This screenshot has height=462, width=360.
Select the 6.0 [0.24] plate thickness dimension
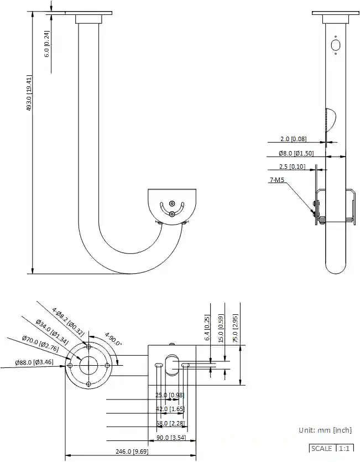click(x=46, y=44)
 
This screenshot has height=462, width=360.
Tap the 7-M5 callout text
click(x=278, y=180)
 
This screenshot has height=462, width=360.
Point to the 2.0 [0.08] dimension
click(x=293, y=139)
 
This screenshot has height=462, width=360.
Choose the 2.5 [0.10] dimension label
click(x=292, y=167)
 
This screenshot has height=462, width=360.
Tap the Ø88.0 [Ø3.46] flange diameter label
click(x=35, y=362)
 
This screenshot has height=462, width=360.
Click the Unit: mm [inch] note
click(x=325, y=430)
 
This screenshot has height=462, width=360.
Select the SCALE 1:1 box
click(x=330, y=448)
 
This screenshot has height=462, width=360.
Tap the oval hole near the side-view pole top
click(x=335, y=44)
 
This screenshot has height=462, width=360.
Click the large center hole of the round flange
click(x=88, y=365)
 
